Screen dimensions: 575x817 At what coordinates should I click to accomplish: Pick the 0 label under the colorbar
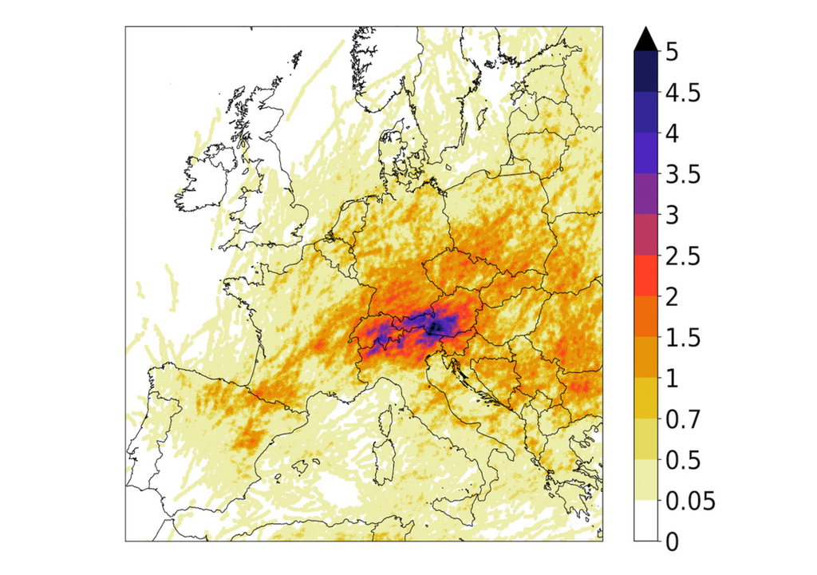click(672, 542)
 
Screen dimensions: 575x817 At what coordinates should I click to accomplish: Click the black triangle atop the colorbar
click(645, 38)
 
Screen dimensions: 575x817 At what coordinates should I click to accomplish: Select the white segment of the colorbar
click(645, 521)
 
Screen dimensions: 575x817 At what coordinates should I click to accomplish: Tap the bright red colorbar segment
click(645, 276)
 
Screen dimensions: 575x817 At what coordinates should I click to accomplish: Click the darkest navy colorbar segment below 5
click(645, 72)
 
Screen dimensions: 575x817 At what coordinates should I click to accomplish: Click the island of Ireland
click(205, 180)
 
